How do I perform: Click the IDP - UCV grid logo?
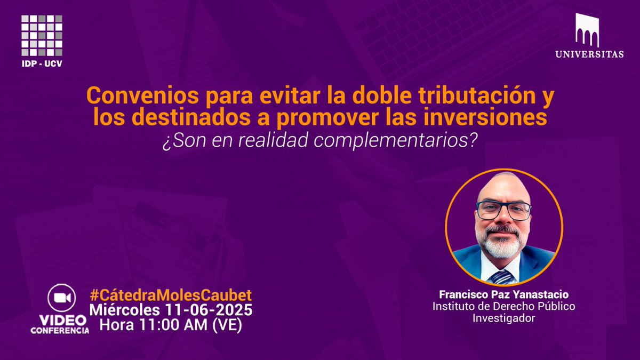tap(42, 35)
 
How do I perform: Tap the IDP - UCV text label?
tap(42, 65)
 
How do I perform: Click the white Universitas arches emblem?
tap(587, 30)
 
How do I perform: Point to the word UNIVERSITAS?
tap(589, 54)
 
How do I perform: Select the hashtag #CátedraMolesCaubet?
tap(170, 295)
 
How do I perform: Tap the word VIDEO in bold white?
tap(60, 320)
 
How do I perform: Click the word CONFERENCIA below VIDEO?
tap(60, 331)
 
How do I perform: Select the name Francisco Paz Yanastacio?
tap(503, 294)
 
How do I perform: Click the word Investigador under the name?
tap(503, 318)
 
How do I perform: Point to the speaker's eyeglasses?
tap(503, 210)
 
